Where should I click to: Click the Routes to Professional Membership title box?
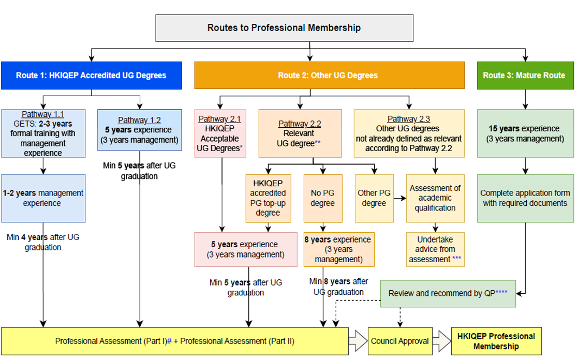284,28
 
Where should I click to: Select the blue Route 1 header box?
91,76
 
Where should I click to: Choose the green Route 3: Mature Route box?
524,76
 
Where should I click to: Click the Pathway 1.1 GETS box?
43,133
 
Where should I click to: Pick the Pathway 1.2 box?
140,130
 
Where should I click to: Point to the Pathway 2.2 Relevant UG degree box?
300,133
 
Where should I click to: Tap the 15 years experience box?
525,133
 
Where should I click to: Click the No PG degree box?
322,198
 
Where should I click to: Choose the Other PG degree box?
374,198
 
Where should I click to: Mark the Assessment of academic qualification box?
435,198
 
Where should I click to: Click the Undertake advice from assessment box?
435,249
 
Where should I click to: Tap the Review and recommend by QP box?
448,293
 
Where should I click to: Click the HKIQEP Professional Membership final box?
496,341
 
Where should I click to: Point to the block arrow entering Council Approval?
358,341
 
